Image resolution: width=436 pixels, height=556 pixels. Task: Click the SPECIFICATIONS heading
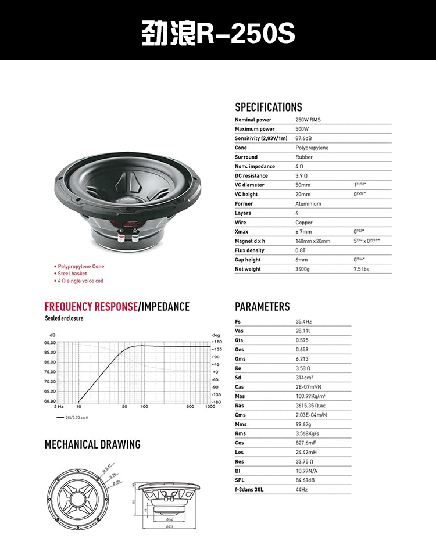coord(268,107)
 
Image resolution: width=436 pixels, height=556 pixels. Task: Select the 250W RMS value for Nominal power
coord(308,120)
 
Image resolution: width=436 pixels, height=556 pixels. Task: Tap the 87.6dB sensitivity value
coord(303,138)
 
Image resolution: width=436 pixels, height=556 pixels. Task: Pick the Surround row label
coord(246,157)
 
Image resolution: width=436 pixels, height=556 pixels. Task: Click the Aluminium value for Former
coord(308,204)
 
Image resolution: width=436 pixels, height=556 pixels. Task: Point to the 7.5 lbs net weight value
coord(361,269)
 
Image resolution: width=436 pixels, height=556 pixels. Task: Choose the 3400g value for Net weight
coord(302,269)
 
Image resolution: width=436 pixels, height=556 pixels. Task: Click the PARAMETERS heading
coord(262,307)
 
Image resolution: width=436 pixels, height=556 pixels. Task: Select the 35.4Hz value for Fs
coord(303,321)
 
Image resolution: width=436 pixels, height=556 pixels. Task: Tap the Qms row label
coord(240,358)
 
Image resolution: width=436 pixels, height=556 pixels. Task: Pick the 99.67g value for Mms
coord(303,424)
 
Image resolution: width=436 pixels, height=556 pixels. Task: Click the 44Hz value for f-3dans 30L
coord(301,490)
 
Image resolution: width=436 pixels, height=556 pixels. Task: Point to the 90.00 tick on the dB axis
coord(50,343)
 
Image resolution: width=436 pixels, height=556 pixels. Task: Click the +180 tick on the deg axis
coord(216,342)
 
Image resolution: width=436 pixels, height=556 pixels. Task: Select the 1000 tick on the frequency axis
coord(210,407)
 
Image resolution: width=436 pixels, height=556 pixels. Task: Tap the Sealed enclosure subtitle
coord(64,318)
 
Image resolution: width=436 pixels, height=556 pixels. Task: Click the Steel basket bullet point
coord(72,274)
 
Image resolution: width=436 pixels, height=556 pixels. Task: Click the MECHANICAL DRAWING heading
coord(92,444)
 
